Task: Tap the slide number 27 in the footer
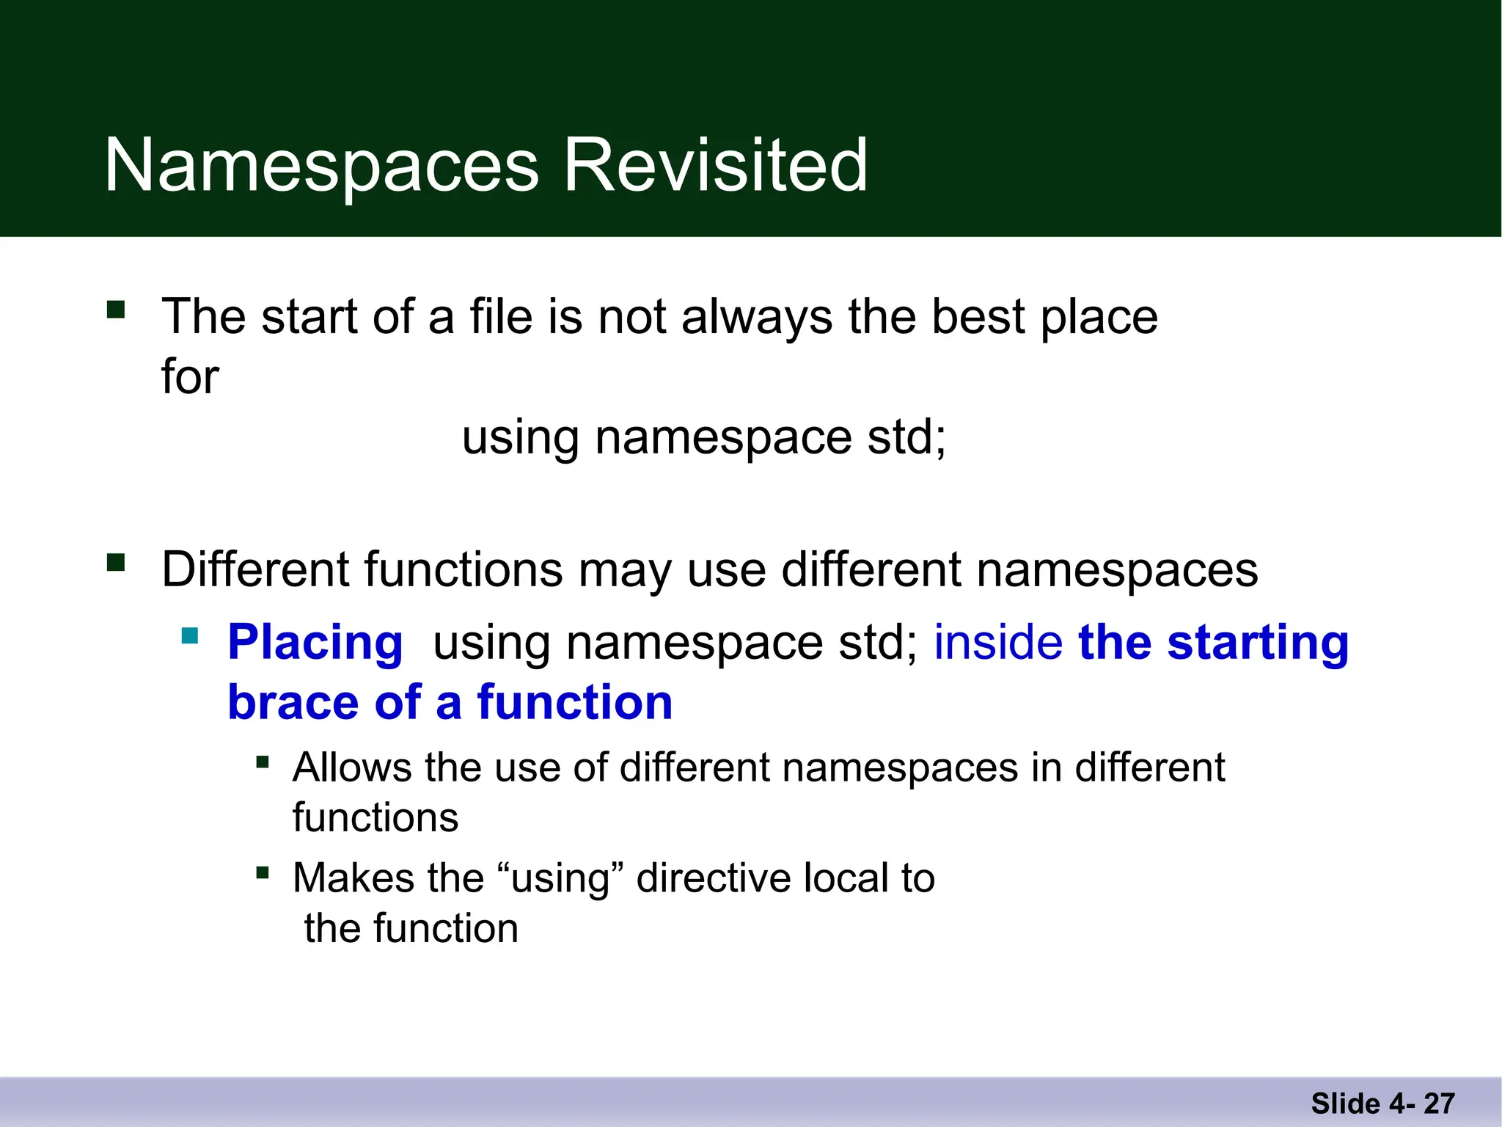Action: (1440, 1104)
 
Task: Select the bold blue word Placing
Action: (315, 643)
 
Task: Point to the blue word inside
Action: (997, 642)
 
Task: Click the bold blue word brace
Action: (293, 702)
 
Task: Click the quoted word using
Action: (561, 878)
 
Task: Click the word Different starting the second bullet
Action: (255, 569)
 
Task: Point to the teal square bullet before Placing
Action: (190, 635)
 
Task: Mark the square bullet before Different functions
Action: (116, 563)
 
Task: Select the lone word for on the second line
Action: (190, 377)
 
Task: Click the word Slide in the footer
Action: (1345, 1104)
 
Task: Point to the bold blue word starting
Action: (1257, 643)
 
